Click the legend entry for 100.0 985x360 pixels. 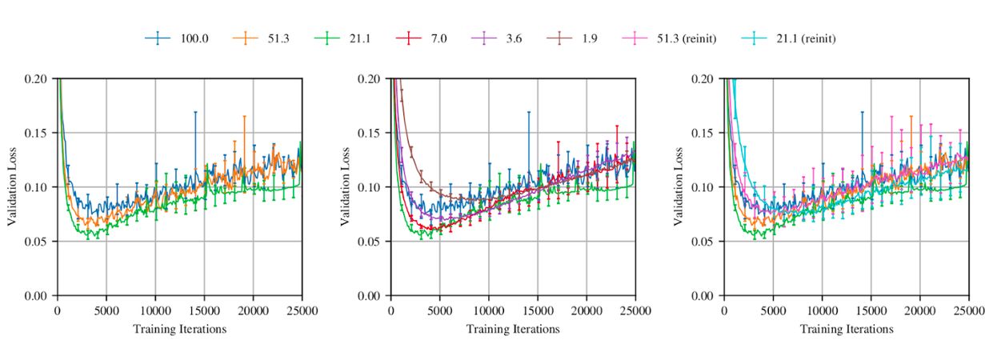tap(177, 38)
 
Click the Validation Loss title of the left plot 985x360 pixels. tap(12, 187)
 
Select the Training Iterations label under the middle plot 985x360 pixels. tap(512, 329)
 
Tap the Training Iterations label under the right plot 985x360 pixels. tap(847, 329)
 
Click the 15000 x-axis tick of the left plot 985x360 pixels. tap(204, 310)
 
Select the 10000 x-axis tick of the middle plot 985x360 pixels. tap(488, 310)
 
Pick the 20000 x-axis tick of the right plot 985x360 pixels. tap(919, 310)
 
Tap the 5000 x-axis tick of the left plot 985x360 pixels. tap(106, 310)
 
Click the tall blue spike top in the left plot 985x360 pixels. tap(194, 112)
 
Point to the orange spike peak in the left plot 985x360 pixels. tap(244, 116)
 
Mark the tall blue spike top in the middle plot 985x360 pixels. tap(528, 112)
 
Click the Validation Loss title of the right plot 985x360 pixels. tap(679, 187)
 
